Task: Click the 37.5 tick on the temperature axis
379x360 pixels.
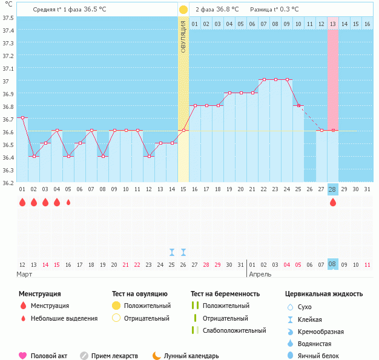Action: (x=9, y=18)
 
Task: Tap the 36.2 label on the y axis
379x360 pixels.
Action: (x=9, y=182)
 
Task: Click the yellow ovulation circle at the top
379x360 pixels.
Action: (x=183, y=10)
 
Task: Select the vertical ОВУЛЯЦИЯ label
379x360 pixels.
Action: (x=183, y=36)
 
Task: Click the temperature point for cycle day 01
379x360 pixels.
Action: (x=22, y=117)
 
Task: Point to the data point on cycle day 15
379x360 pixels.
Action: (x=183, y=130)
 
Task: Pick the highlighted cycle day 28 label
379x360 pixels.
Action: (x=332, y=189)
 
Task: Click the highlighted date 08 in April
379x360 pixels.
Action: (x=332, y=264)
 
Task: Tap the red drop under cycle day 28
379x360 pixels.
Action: (x=332, y=203)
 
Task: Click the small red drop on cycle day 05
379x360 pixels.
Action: (x=68, y=203)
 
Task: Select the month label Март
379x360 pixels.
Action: (x=24, y=274)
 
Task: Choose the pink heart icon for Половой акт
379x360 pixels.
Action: (x=23, y=356)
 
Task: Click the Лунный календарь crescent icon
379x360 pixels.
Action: (x=157, y=356)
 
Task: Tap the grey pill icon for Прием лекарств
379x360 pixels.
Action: (x=84, y=356)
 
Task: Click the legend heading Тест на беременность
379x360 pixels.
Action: (x=225, y=294)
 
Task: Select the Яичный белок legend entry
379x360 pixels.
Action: (x=318, y=356)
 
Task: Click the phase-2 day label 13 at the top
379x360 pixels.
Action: (x=333, y=24)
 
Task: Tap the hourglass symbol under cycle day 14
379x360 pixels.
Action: (x=172, y=252)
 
